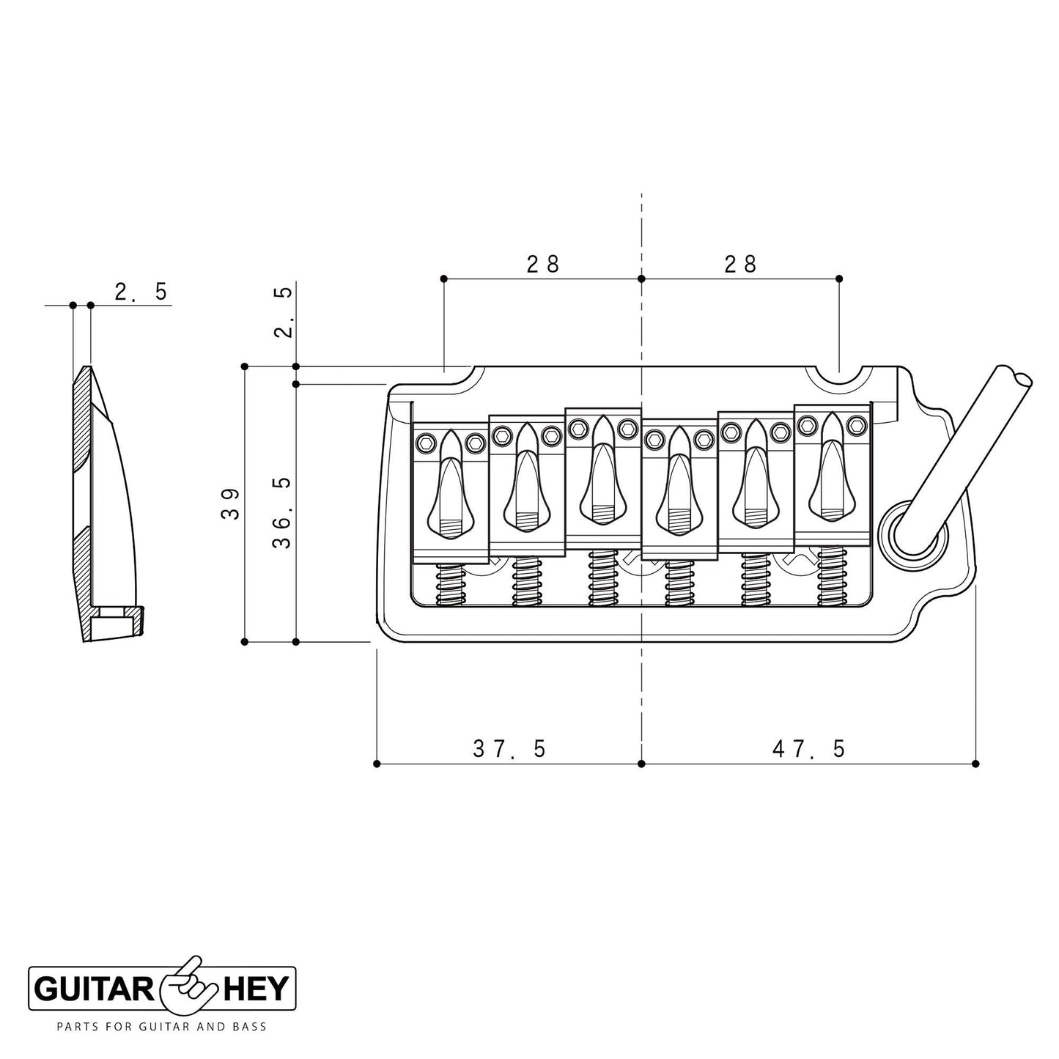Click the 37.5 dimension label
(x=509, y=748)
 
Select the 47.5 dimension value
(x=808, y=748)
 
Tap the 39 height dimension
(x=230, y=503)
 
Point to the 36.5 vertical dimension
(x=281, y=512)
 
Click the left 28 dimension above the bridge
(x=543, y=264)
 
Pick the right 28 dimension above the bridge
(x=740, y=264)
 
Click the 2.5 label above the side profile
(x=141, y=292)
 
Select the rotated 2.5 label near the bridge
(x=283, y=311)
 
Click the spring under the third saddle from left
(x=603, y=579)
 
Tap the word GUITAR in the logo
(x=93, y=990)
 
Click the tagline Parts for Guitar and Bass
(x=161, y=1027)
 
